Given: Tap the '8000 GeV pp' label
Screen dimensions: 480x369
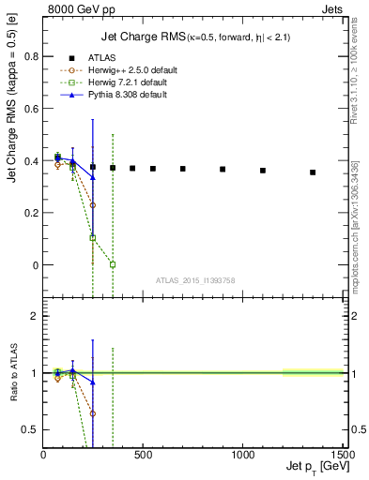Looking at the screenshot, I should point(77,9).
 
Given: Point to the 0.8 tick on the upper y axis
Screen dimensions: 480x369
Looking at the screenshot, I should point(32,56).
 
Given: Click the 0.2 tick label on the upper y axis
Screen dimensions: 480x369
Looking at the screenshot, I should point(32,213).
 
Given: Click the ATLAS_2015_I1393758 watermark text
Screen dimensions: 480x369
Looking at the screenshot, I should point(195,279).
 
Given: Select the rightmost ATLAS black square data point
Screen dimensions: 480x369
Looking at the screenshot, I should point(313,172).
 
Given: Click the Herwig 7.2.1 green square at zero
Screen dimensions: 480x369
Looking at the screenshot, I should point(113,264).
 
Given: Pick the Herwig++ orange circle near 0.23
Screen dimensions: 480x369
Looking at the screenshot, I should point(92,204).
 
